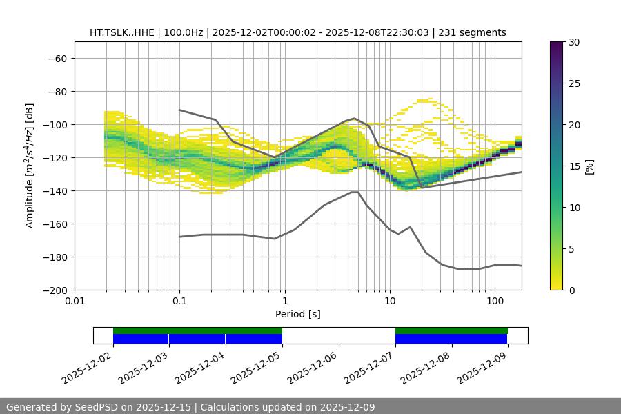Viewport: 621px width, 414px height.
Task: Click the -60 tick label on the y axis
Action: pos(57,58)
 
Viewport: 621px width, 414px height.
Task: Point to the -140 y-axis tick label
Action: pos(55,190)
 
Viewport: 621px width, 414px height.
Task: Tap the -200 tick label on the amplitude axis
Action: pos(55,290)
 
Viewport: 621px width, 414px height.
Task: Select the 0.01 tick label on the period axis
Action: pos(75,302)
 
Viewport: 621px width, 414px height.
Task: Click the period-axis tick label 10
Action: pos(390,302)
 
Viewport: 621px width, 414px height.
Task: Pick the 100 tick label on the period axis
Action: pos(495,302)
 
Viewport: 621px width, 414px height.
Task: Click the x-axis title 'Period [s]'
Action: pos(297,314)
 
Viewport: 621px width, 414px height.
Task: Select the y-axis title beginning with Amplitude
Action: pos(30,166)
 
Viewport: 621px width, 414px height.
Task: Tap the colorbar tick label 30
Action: pos(573,42)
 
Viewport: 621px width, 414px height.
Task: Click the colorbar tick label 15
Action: pos(573,166)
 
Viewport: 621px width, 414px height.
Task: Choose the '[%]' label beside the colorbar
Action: pos(589,166)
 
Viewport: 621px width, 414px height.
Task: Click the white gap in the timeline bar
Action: pos(338,335)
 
